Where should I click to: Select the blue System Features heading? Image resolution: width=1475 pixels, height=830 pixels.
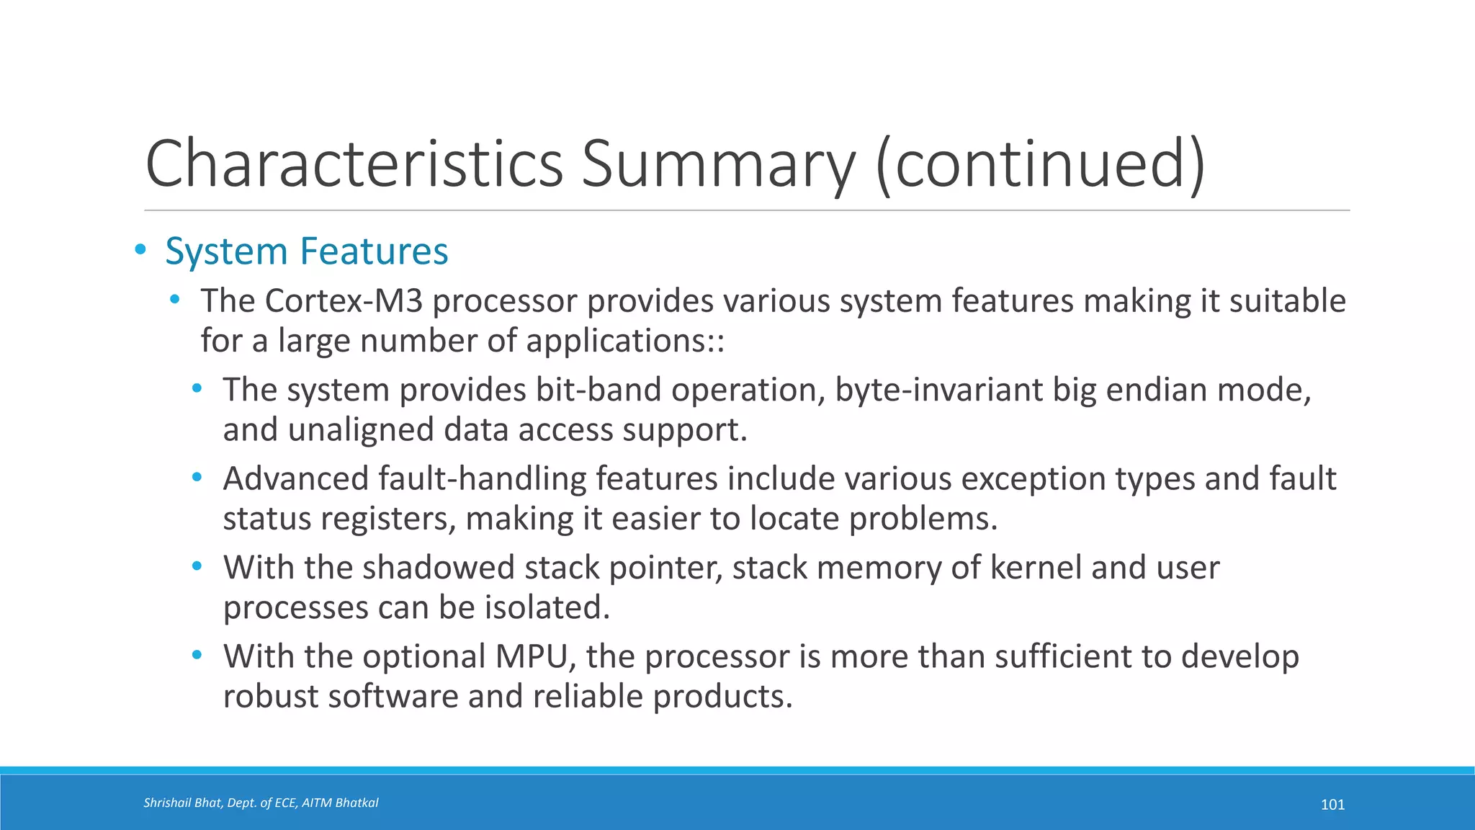coord(307,251)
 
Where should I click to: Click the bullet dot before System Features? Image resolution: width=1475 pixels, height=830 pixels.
coord(140,250)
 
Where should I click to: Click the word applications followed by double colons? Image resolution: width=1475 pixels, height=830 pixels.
coord(624,341)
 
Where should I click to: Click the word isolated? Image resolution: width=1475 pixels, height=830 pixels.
coord(546,607)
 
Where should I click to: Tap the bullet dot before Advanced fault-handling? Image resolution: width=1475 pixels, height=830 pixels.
coord(197,477)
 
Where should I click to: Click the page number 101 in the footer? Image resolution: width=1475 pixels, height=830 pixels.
coord(1332,805)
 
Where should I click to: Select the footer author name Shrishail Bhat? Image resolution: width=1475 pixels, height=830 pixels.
coord(183,803)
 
